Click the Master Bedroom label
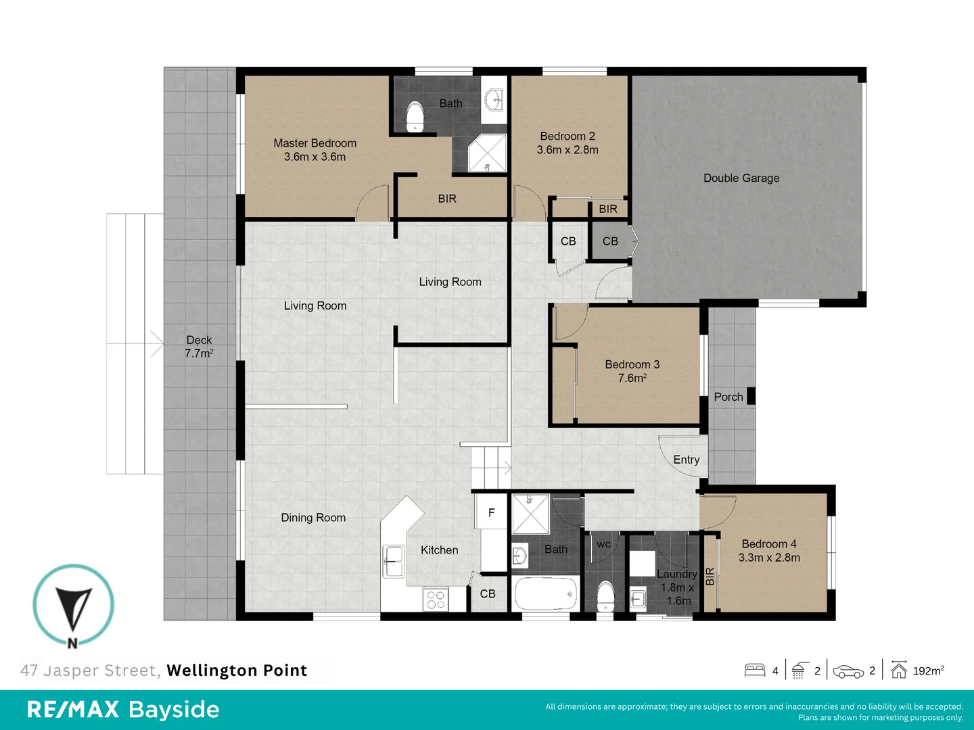tap(315, 143)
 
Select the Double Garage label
tap(741, 178)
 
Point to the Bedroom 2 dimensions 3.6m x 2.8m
tap(567, 150)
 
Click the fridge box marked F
tap(491, 512)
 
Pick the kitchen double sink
tap(394, 561)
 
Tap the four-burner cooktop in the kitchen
tap(436, 600)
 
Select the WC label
tap(604, 544)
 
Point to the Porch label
tap(728, 397)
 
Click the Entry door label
tap(686, 460)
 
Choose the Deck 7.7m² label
tap(199, 347)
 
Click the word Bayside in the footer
tap(174, 709)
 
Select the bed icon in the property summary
tap(755, 670)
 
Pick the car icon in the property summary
tap(848, 671)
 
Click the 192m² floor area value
tap(928, 671)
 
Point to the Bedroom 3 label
tap(632, 364)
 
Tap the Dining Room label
tap(313, 517)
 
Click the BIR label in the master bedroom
tap(447, 199)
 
